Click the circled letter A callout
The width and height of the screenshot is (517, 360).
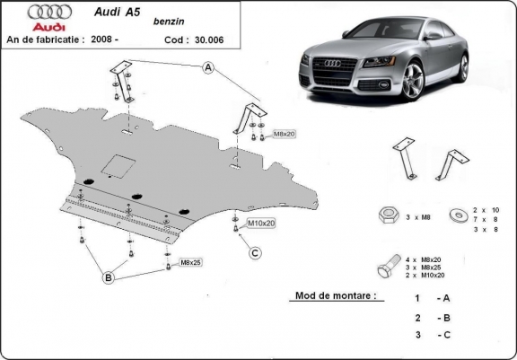click(x=208, y=67)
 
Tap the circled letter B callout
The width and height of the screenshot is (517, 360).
click(x=109, y=279)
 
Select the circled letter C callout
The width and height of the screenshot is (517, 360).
click(x=255, y=252)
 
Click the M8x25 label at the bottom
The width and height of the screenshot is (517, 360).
click(x=189, y=263)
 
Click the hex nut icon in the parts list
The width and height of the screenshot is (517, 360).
click(x=389, y=215)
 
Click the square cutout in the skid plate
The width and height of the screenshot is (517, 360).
click(x=117, y=164)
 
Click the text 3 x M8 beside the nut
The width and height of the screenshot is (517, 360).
click(x=418, y=215)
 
